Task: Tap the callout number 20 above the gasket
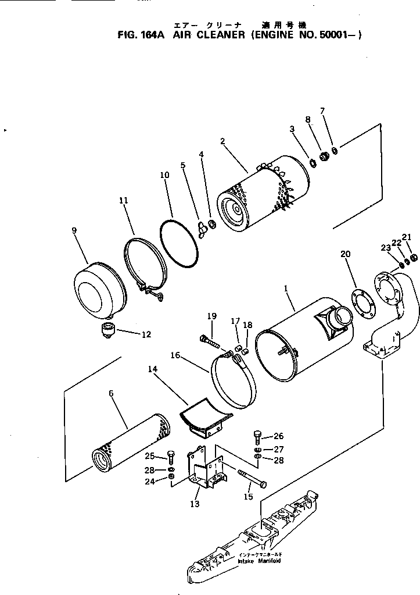pos(346,254)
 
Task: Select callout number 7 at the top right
pos(322,111)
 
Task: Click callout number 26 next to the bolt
pos(279,436)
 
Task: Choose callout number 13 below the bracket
pos(195,504)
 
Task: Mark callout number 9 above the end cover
pos(74,230)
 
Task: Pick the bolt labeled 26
pos(257,436)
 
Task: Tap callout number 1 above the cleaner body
pos(285,287)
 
